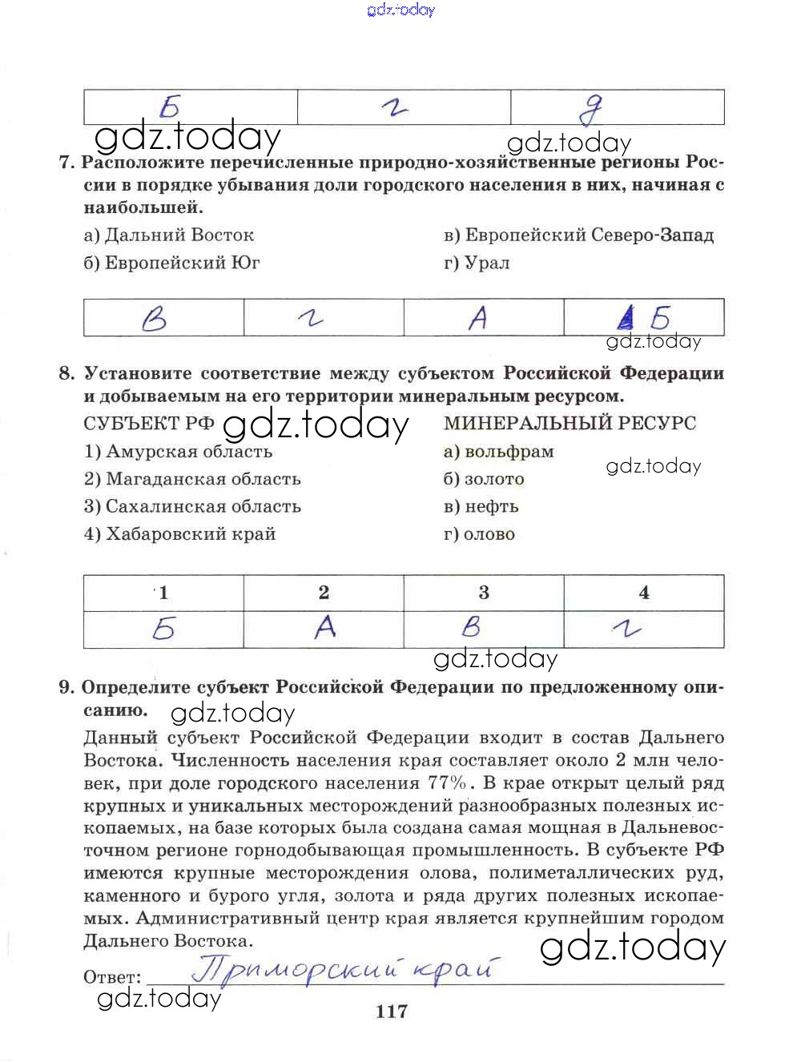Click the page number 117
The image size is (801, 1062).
pyautogui.click(x=391, y=1012)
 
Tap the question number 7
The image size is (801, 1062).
pyautogui.click(x=66, y=163)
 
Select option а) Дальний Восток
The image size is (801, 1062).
pyautogui.click(x=168, y=235)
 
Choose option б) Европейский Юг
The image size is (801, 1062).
pyautogui.click(x=171, y=263)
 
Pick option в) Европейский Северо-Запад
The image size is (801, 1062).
pyautogui.click(x=578, y=235)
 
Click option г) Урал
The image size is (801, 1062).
pyautogui.click(x=477, y=263)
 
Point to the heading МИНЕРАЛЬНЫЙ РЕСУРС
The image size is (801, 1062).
pyautogui.click(x=570, y=423)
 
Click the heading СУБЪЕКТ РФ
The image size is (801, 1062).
pyautogui.click(x=149, y=424)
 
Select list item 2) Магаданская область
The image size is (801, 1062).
pyautogui.click(x=192, y=479)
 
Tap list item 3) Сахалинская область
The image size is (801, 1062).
pyautogui.click(x=192, y=506)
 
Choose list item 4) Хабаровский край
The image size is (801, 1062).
pyautogui.click(x=179, y=534)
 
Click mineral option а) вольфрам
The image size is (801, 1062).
pyautogui.click(x=498, y=452)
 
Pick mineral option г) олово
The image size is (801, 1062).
pyautogui.click(x=479, y=534)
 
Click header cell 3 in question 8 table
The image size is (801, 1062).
pyautogui.click(x=484, y=593)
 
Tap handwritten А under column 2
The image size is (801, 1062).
pyautogui.click(x=324, y=628)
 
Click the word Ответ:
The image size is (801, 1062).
pyautogui.click(x=112, y=977)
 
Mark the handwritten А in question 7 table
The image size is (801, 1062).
pyautogui.click(x=477, y=319)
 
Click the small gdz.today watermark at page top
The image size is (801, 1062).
pyautogui.click(x=400, y=10)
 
